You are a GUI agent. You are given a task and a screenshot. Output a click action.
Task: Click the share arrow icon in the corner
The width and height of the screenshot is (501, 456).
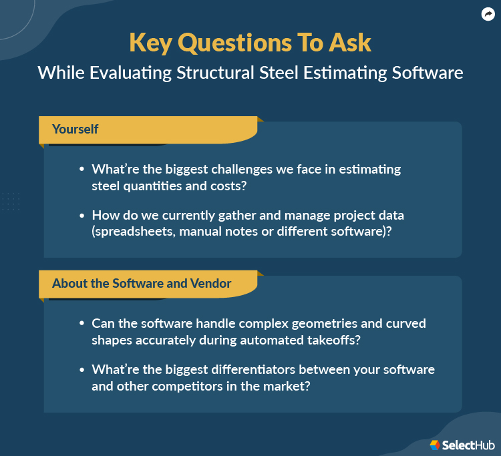pos(487,14)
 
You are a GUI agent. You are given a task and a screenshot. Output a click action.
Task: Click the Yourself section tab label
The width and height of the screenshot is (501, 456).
pos(75,129)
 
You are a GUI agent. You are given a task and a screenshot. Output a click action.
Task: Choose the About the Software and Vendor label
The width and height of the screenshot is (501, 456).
pos(142,283)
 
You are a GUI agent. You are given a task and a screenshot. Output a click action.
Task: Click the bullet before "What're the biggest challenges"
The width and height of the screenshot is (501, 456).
pos(81,170)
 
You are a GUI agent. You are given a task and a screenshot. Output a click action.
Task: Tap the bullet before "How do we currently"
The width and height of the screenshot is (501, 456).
pos(81,216)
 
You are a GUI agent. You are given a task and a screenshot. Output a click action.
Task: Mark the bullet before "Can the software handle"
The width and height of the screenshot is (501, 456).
pos(81,323)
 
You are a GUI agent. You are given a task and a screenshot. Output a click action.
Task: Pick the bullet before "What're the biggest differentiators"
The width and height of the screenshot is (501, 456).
pos(81,369)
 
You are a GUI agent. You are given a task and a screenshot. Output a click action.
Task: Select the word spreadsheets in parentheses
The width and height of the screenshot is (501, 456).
pos(136,232)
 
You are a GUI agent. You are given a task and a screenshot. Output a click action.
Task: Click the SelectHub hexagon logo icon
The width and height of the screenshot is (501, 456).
pos(435,444)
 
